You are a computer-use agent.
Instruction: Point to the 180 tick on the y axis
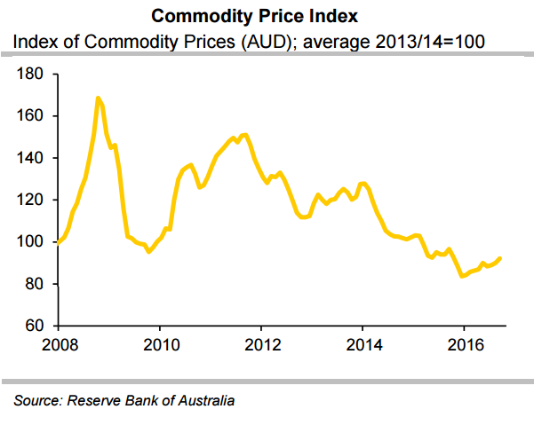click(x=31, y=75)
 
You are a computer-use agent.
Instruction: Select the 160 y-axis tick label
click(x=31, y=116)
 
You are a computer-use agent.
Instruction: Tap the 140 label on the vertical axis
click(x=31, y=158)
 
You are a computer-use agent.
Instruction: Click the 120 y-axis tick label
click(x=31, y=200)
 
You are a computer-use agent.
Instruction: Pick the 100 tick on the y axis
click(x=31, y=242)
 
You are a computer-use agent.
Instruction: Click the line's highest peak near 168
click(x=97, y=98)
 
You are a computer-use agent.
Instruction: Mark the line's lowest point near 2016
click(x=462, y=276)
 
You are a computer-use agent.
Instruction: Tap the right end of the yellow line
click(x=500, y=258)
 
